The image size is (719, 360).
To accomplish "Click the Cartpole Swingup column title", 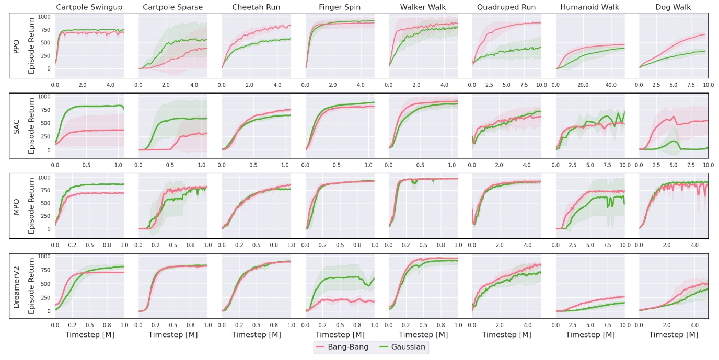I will tap(89, 7).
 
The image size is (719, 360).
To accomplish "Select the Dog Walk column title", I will tap(673, 7).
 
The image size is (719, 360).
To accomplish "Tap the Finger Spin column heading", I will tap(339, 7).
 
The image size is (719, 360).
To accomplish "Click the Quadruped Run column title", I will tap(506, 7).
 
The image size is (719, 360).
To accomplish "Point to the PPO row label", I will tap(16, 45).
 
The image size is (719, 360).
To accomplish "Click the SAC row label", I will tap(16, 125).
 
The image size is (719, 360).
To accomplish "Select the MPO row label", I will tap(16, 205).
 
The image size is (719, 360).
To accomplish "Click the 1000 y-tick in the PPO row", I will tap(43, 17).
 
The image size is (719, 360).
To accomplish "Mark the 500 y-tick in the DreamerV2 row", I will tap(45, 283).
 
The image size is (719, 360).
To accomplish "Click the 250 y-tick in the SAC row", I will tap(45, 136).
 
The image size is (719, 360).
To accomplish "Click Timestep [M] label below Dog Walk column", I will tap(673, 334).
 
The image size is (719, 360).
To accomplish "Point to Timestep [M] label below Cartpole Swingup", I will tap(89, 334).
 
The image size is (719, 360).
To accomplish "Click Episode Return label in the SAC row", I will tap(31, 125).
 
